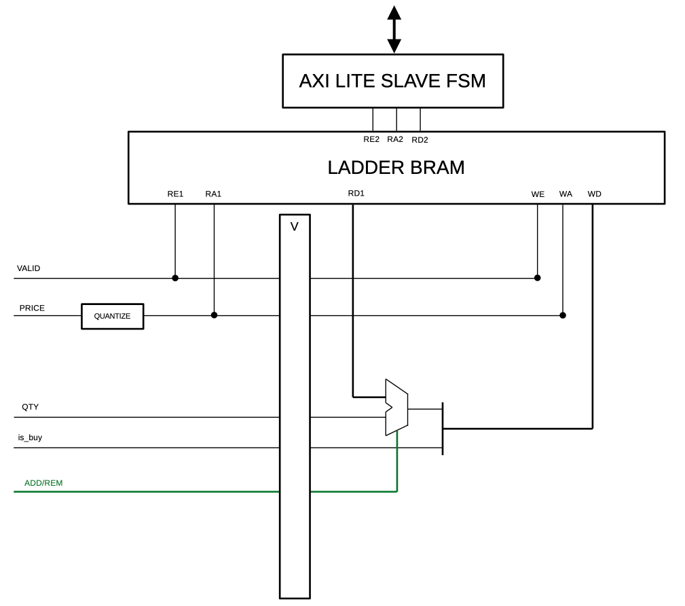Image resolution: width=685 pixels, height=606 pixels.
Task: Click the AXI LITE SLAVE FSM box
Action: (392, 81)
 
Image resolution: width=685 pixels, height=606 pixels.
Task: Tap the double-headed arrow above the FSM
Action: (394, 29)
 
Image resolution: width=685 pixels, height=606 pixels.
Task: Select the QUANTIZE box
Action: (112, 317)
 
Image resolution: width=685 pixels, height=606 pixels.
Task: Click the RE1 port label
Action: (175, 194)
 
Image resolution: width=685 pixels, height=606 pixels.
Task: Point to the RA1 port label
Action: (213, 194)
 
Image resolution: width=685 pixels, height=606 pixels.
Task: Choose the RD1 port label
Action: (356, 194)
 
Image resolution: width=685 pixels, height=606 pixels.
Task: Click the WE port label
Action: (538, 194)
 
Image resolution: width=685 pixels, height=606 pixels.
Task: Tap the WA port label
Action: (566, 194)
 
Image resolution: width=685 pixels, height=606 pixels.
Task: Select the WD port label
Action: (594, 194)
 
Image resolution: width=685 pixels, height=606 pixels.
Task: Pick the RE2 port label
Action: (371, 139)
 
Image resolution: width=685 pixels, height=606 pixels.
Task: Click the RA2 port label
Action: (395, 139)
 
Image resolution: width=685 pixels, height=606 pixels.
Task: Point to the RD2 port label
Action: (420, 140)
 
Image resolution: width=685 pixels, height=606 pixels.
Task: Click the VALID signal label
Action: (29, 268)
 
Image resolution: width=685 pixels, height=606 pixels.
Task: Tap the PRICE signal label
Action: (32, 308)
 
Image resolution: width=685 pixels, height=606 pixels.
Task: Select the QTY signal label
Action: (30, 407)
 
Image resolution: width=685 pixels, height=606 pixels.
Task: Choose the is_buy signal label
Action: (30, 438)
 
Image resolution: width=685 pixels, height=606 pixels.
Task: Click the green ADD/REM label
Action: (43, 483)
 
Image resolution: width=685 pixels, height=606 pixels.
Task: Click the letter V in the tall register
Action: (294, 227)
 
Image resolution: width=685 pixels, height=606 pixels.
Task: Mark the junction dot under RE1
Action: (175, 278)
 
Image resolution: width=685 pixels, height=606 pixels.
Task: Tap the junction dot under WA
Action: (563, 315)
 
